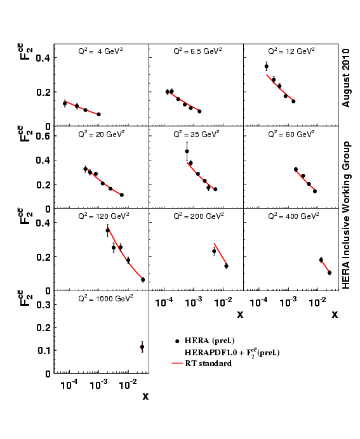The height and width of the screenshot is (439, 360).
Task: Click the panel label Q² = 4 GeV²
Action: pos(100,51)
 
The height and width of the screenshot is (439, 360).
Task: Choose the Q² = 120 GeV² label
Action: pos(103,216)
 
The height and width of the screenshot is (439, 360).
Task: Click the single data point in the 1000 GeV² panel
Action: pos(142,347)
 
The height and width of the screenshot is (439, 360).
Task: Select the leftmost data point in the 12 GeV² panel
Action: pos(267,66)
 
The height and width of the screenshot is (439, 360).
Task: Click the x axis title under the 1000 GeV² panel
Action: pos(145,396)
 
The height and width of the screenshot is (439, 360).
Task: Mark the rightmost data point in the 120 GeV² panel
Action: pos(143,280)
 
